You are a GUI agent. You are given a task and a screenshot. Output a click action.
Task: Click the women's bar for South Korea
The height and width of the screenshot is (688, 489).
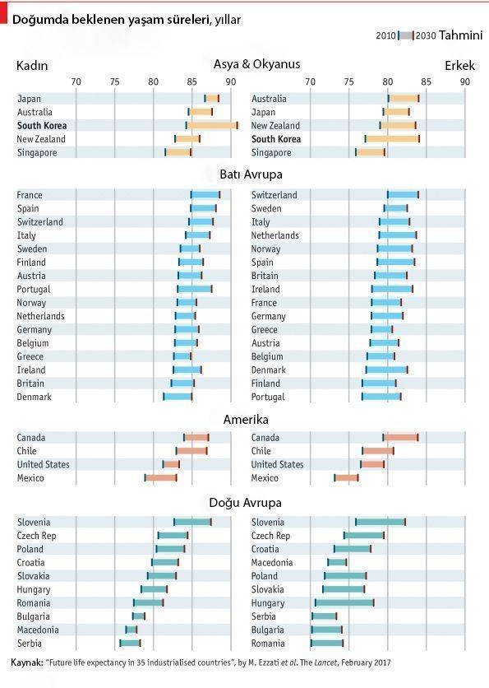click(x=212, y=125)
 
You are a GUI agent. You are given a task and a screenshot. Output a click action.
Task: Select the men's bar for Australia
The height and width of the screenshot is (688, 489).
click(x=404, y=99)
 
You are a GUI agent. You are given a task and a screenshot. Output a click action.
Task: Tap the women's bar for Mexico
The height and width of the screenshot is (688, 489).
click(x=161, y=478)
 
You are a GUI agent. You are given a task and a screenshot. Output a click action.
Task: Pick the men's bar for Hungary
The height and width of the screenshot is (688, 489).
click(x=344, y=603)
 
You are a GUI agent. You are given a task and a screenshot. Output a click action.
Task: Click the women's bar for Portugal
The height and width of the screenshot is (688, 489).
click(x=195, y=289)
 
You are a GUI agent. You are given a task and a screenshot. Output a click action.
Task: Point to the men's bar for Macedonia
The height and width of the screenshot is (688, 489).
click(x=337, y=563)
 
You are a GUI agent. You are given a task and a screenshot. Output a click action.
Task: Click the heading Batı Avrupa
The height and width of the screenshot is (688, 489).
click(x=251, y=174)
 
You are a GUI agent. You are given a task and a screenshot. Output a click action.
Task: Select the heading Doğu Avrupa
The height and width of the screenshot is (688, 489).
click(x=246, y=503)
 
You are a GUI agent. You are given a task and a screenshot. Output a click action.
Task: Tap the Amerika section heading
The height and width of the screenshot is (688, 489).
click(x=246, y=420)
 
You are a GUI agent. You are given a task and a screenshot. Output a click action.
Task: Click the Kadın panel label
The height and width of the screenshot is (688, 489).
click(x=32, y=66)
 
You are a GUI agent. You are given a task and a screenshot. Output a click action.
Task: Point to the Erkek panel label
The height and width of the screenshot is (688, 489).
click(x=459, y=66)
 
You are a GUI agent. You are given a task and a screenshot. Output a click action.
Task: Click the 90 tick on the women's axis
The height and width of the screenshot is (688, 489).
click(x=230, y=81)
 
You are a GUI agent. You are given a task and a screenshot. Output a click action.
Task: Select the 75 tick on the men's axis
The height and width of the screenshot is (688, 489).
click(x=348, y=81)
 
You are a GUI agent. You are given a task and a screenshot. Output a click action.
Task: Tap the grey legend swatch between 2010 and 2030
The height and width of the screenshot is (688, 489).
click(x=406, y=35)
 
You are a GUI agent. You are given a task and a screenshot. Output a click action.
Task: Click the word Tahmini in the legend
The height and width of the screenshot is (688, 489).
click(x=460, y=35)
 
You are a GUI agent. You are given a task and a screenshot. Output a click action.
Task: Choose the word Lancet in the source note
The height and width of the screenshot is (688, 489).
click(x=325, y=662)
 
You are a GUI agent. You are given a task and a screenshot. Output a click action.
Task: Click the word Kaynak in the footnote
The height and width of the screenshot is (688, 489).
click(x=27, y=662)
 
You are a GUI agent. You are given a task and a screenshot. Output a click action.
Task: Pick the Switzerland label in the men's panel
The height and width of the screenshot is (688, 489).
click(x=274, y=195)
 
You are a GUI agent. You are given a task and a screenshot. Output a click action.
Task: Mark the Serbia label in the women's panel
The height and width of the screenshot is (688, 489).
click(x=30, y=644)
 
